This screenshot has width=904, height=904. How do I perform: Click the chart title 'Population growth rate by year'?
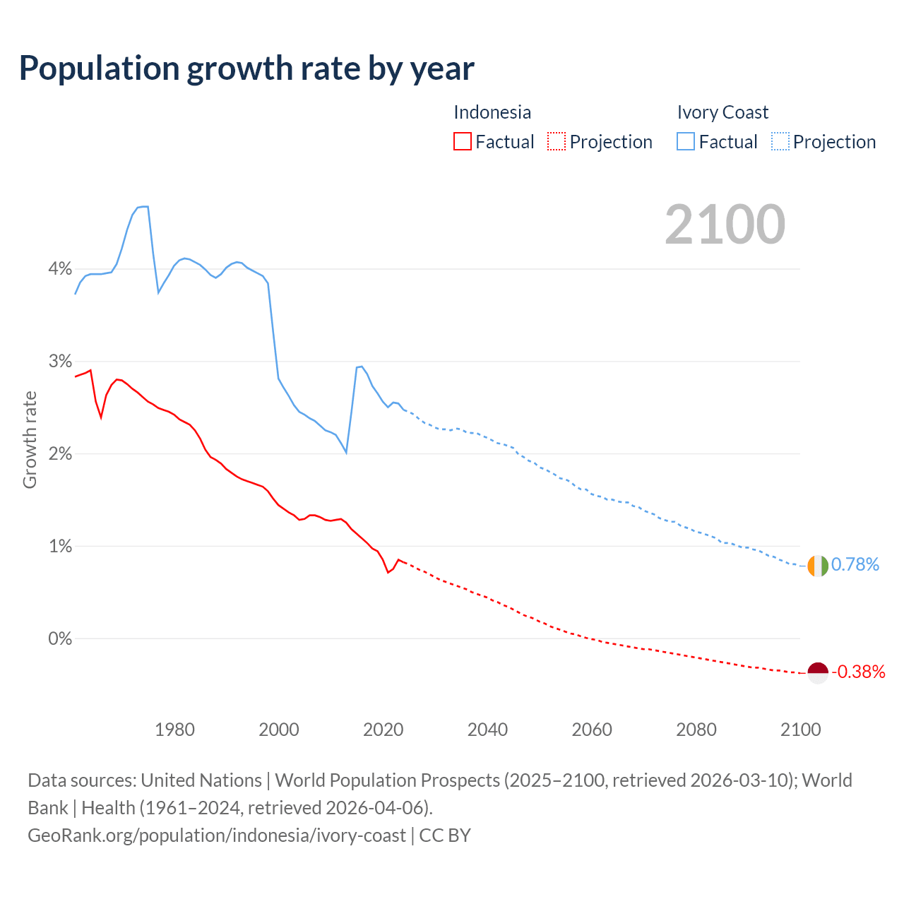pos(246,69)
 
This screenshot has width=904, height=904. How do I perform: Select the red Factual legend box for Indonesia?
pos(462,141)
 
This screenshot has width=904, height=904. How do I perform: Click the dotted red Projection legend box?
pos(557,141)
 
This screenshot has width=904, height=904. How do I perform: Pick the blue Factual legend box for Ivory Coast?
pos(685,141)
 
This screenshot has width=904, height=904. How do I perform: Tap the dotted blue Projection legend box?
pos(780,141)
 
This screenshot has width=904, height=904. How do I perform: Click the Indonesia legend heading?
pos(492,112)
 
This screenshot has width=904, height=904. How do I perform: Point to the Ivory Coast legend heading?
pos(722,112)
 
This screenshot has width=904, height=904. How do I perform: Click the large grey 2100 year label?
pos(725,224)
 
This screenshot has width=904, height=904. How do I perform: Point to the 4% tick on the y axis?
pos(60,269)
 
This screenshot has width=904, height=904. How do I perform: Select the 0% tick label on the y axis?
pos(60,638)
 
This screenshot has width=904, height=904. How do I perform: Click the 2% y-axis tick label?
pos(60,453)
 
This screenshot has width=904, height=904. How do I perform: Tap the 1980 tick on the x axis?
pos(174,730)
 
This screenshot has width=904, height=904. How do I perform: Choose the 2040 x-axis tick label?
pos(487,730)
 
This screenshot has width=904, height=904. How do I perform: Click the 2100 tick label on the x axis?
pos(800,730)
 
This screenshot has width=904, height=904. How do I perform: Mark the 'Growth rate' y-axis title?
pos(30,439)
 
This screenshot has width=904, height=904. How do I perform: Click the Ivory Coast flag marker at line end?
pos(817,566)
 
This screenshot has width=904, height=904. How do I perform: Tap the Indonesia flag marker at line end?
pos(817,673)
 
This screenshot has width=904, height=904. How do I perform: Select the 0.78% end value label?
pos(855,564)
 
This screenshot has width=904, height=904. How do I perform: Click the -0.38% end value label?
pos(858,672)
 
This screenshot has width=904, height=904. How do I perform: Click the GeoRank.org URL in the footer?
pos(217,835)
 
